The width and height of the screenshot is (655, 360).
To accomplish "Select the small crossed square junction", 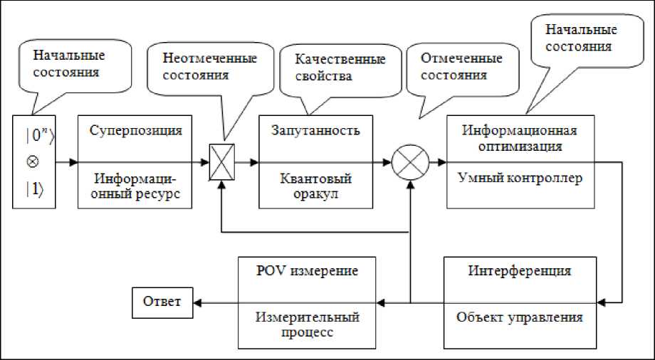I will [x=223, y=161].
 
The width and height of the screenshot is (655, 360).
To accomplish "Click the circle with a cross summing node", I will [x=410, y=162].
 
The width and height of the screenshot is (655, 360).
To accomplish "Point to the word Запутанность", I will [x=315, y=131].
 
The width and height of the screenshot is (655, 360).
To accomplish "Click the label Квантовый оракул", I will [x=316, y=185].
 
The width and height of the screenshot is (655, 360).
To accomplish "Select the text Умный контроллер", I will [x=519, y=178].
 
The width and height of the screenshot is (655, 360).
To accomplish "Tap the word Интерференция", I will [x=519, y=271].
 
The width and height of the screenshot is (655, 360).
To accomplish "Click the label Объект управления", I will [x=519, y=317].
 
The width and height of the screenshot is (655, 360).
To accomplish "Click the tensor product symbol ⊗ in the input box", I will [x=31, y=161].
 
